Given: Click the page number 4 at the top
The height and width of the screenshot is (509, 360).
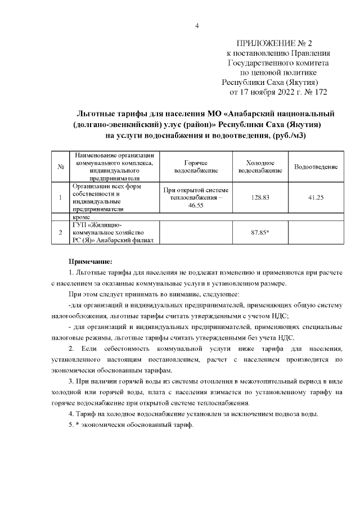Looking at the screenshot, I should (x=197, y=25).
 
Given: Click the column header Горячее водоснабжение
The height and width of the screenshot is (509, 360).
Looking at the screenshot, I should (x=193, y=166).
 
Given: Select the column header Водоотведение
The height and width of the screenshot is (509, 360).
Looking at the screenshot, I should (x=316, y=166).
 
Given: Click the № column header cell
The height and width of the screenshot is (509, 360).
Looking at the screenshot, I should (x=60, y=166).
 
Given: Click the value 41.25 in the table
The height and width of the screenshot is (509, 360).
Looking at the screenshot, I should (x=316, y=197).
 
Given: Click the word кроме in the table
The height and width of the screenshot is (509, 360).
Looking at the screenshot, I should (x=82, y=216).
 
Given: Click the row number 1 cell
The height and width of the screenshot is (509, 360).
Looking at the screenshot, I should (x=60, y=197).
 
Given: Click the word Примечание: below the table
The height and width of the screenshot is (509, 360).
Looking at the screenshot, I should (x=91, y=262).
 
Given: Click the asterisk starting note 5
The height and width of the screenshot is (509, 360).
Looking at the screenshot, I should (x=77, y=425).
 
